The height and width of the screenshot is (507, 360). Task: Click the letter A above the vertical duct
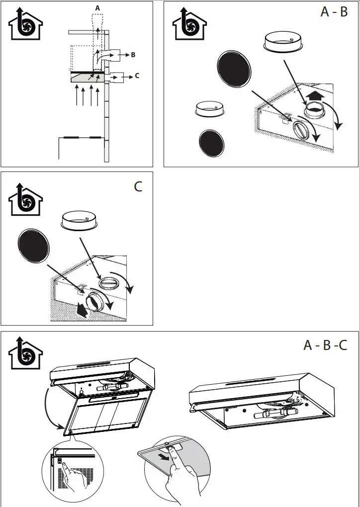[x=97, y=8]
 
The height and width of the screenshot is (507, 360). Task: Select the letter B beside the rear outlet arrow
[x=133, y=55]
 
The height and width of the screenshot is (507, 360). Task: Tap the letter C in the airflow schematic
[x=137, y=77]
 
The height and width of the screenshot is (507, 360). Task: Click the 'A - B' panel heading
[x=334, y=12]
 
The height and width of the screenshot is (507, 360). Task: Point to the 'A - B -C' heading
[x=325, y=344]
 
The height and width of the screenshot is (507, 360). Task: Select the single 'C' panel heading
[x=138, y=187]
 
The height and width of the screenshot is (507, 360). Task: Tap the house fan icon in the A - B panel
[x=189, y=25]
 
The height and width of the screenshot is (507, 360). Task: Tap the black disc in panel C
[x=33, y=247]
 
